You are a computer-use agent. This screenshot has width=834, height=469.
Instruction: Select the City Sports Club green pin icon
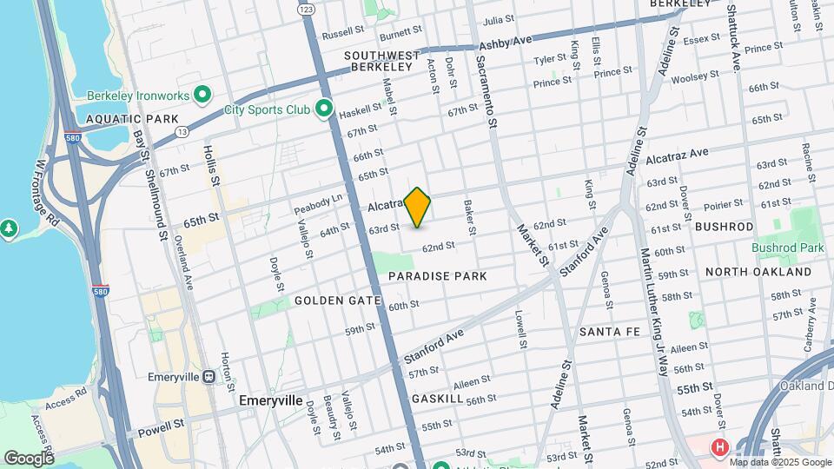324,109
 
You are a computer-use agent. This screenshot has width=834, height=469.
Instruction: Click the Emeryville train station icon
208,377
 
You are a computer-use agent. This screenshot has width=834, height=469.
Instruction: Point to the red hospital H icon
719,448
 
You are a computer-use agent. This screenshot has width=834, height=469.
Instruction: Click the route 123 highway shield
305,8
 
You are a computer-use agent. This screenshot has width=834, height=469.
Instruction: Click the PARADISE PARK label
437,275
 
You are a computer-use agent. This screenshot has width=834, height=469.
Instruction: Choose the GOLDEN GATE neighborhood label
338,301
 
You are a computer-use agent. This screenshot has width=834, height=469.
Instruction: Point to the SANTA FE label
610,332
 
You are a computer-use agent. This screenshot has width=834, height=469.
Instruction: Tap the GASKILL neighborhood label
438,397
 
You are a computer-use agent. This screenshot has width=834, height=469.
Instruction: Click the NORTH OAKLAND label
758,272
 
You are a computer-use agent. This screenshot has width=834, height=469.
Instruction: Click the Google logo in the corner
29,458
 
